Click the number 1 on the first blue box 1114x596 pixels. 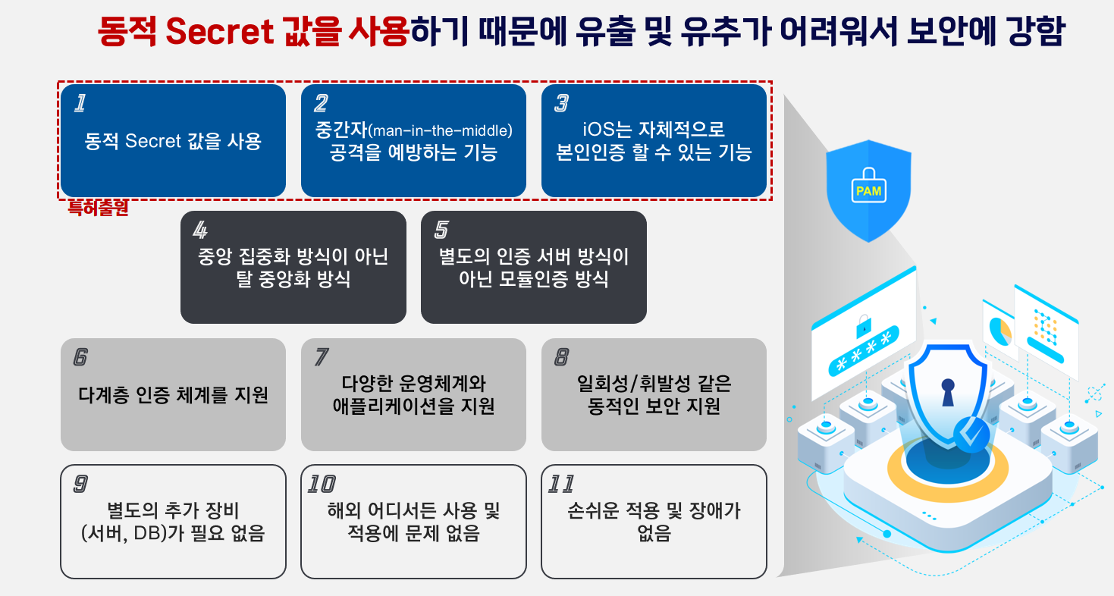click(x=79, y=104)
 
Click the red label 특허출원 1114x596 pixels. click(x=98, y=209)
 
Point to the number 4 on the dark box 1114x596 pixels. click(x=200, y=230)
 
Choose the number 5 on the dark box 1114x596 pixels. click(x=441, y=230)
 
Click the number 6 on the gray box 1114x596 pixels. click(x=80, y=357)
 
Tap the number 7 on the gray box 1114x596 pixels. click(x=322, y=357)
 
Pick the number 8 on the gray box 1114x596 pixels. click(x=562, y=357)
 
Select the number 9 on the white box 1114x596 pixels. click(x=80, y=484)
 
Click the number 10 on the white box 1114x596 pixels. click(x=322, y=484)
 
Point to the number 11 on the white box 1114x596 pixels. click(x=562, y=484)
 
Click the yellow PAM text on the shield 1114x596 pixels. click(x=868, y=191)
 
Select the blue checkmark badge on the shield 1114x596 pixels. click(x=971, y=434)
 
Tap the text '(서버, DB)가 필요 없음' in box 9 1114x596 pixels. click(x=172, y=534)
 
